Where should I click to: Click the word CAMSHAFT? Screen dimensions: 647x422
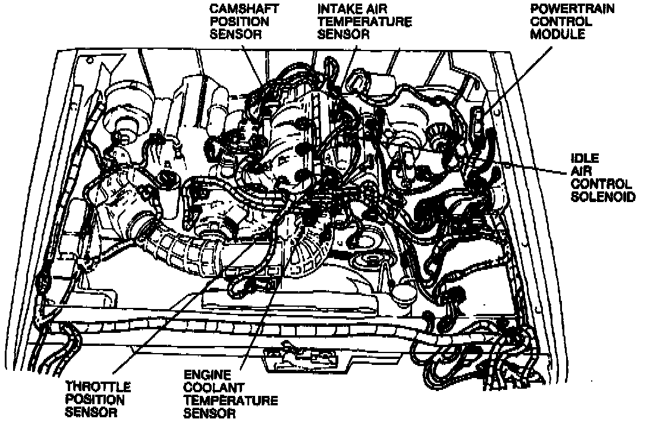coord(237,9)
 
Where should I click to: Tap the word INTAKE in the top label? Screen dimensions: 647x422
coord(338,9)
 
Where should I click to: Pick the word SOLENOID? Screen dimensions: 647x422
coord(602,196)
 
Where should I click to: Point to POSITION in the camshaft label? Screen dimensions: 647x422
coord(234,21)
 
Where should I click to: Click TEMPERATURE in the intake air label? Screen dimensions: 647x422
coord(364,21)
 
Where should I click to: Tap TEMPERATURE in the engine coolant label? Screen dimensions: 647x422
coord(230,401)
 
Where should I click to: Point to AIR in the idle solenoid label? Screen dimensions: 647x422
coord(580,171)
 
